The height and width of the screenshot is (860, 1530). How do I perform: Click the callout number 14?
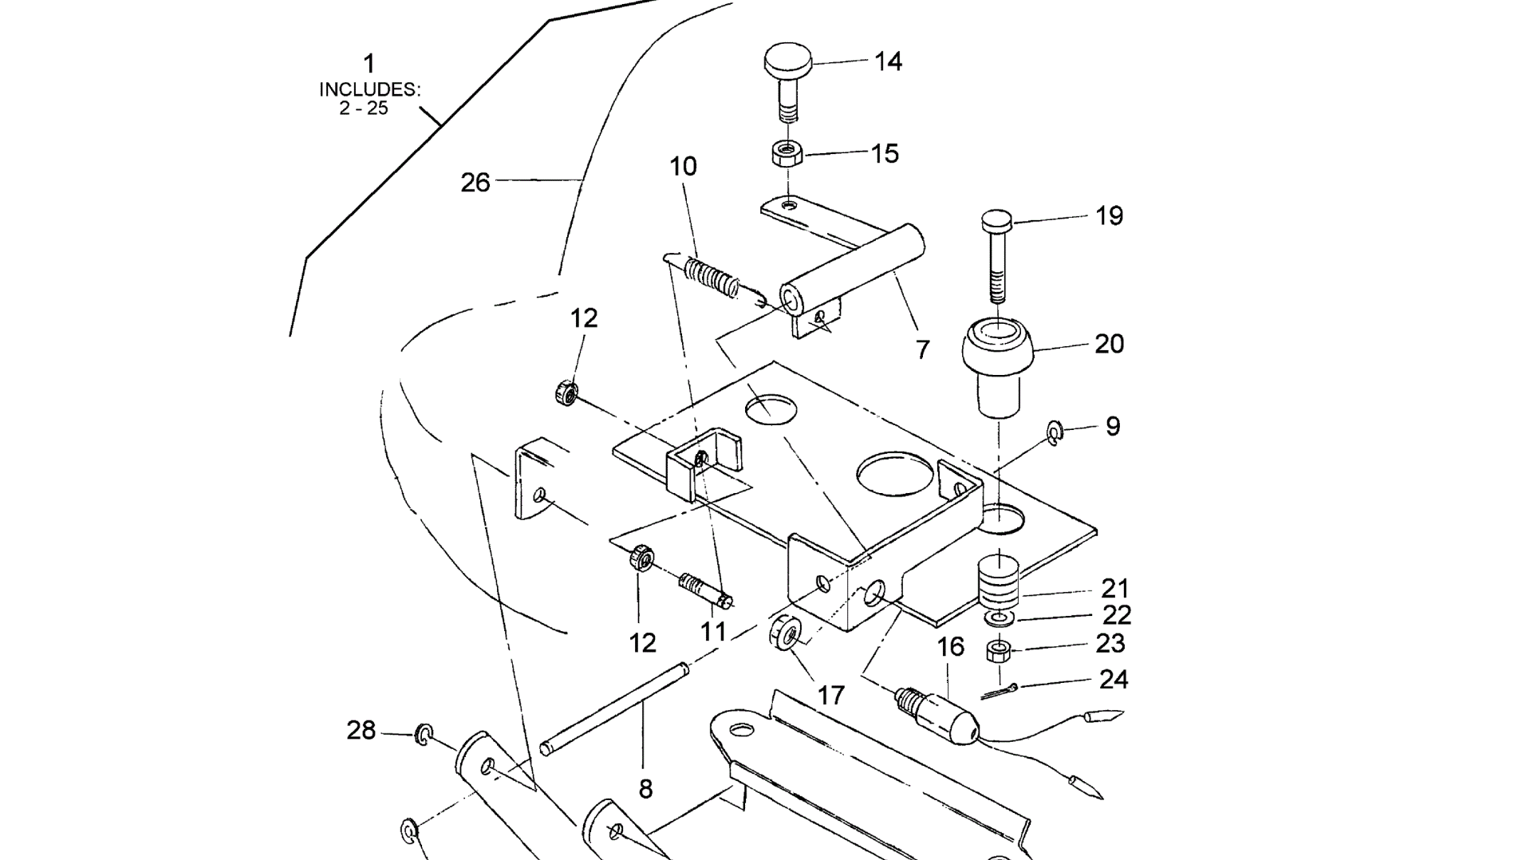888,61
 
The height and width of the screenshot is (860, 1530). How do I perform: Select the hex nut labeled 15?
788,152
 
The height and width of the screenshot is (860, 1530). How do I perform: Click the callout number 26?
475,183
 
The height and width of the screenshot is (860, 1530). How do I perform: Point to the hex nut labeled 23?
998,651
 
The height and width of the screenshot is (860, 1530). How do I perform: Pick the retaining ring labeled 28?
423,733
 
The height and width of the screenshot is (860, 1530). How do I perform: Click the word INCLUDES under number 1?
369,89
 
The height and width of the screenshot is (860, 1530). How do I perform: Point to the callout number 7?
922,349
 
